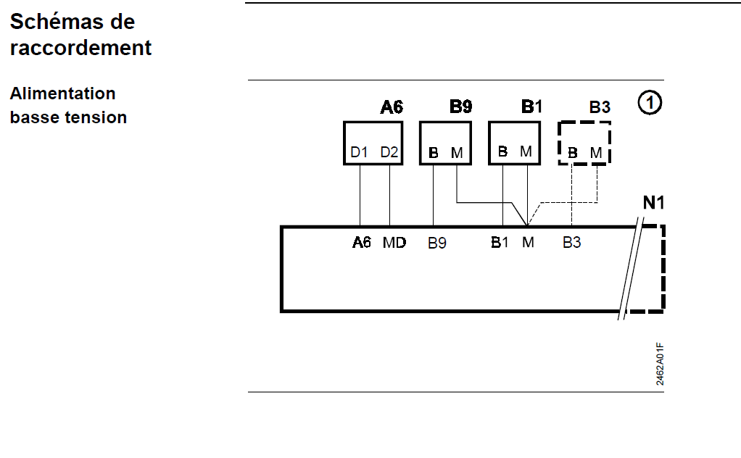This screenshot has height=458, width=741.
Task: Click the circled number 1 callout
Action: [x=650, y=104]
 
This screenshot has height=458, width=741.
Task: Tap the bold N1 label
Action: [x=654, y=202]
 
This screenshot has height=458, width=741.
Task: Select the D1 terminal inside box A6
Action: [x=360, y=152]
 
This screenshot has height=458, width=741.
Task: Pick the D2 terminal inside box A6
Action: [x=389, y=152]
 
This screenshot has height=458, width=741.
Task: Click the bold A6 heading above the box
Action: [x=392, y=108]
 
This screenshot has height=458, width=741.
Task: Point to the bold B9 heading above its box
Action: [x=460, y=107]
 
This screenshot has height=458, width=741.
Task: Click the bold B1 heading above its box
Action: [x=531, y=107]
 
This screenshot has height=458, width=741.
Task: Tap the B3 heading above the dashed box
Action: [x=600, y=108]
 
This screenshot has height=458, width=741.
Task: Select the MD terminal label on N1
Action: [x=394, y=243]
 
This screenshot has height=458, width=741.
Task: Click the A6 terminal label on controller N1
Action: [x=362, y=243]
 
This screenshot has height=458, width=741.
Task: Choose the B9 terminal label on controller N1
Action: [x=436, y=243]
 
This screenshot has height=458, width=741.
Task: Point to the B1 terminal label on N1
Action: [x=500, y=243]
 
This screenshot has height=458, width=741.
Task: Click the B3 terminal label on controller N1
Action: [x=572, y=243]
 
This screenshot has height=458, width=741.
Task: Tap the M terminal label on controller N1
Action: [x=528, y=243]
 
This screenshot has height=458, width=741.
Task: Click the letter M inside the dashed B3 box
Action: [x=596, y=153]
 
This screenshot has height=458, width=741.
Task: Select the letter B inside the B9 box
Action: [x=434, y=153]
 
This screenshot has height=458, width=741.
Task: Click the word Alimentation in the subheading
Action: [x=62, y=93]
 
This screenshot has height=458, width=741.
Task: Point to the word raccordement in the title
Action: [x=81, y=48]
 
